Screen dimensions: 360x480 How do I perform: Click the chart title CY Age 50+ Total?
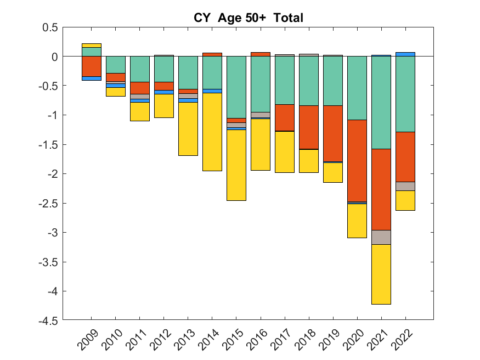(249, 18)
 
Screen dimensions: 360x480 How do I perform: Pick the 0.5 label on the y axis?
(50, 27)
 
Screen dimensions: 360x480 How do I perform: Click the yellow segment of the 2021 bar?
(381, 274)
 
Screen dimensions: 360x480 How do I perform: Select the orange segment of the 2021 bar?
(381, 189)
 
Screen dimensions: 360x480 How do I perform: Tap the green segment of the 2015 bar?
(236, 87)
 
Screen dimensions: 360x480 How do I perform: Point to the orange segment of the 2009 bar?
(91, 66)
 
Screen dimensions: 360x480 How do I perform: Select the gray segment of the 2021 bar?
(381, 237)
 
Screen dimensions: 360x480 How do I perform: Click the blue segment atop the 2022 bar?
(405, 54)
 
